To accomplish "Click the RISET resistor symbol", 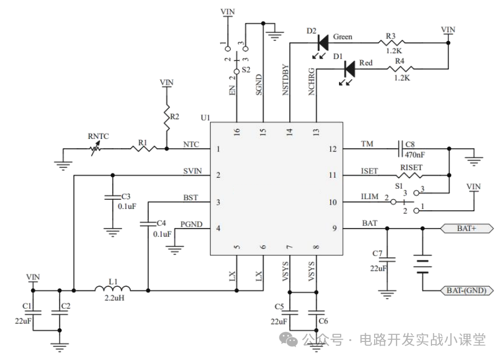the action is (x=409, y=175).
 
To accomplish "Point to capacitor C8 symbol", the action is (x=400, y=149).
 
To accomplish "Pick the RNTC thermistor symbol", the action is (x=95, y=149).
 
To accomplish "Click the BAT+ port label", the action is (x=467, y=228).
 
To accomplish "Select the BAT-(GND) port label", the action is (x=467, y=291).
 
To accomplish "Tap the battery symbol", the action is (x=423, y=264).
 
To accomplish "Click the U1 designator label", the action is (x=205, y=118).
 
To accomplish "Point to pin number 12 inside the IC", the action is (x=332, y=149).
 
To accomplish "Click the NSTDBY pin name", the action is (x=285, y=80).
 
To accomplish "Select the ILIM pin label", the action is (x=370, y=196).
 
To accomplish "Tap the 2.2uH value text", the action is (x=114, y=298).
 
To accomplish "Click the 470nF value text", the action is (x=415, y=155).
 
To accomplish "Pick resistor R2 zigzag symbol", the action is (x=166, y=117).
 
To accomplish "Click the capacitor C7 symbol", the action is (x=387, y=259).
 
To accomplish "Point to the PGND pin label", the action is (x=191, y=224).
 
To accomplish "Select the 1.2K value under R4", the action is (x=402, y=78).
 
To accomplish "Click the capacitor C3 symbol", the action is (x=113, y=196).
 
